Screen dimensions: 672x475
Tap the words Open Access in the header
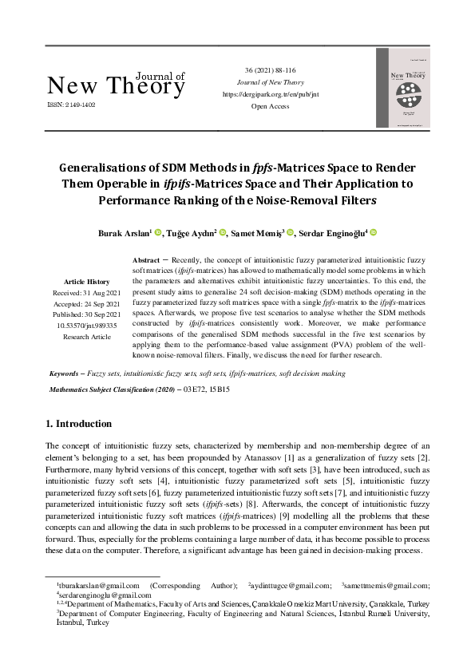[x=270, y=105]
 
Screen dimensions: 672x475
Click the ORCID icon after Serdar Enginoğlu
[x=373, y=232]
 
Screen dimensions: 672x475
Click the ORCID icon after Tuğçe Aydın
[x=223, y=232]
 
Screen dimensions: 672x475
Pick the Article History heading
[x=88, y=282]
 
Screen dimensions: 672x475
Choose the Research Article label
[x=88, y=337]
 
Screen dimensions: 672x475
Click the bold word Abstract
[x=146, y=261]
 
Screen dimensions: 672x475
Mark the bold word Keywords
[x=65, y=374]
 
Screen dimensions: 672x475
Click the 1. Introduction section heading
[x=79, y=424]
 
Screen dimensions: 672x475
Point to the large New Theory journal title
[x=116, y=86]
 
